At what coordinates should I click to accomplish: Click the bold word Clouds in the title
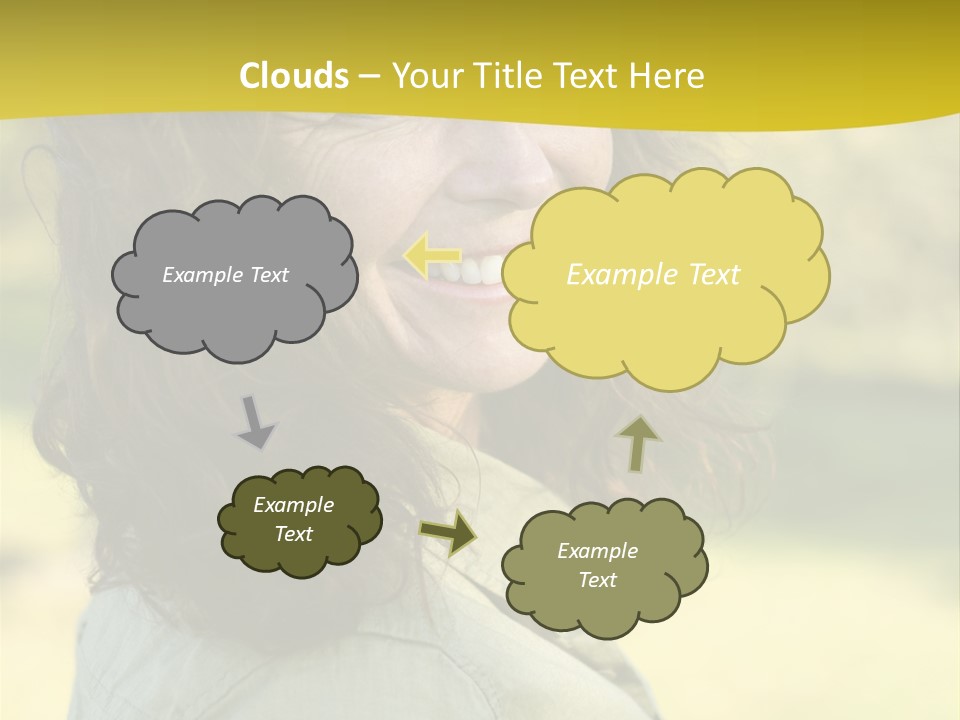[294, 76]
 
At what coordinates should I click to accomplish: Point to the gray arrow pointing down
[255, 423]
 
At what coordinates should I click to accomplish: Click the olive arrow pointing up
[638, 443]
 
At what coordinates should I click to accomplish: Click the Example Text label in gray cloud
[225, 275]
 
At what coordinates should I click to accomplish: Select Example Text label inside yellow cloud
[653, 275]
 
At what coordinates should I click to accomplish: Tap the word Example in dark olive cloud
[293, 505]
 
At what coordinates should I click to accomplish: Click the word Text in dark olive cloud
[293, 534]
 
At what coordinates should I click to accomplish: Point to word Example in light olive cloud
[597, 551]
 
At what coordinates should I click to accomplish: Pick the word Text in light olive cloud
[597, 580]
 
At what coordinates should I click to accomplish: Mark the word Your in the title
[427, 76]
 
